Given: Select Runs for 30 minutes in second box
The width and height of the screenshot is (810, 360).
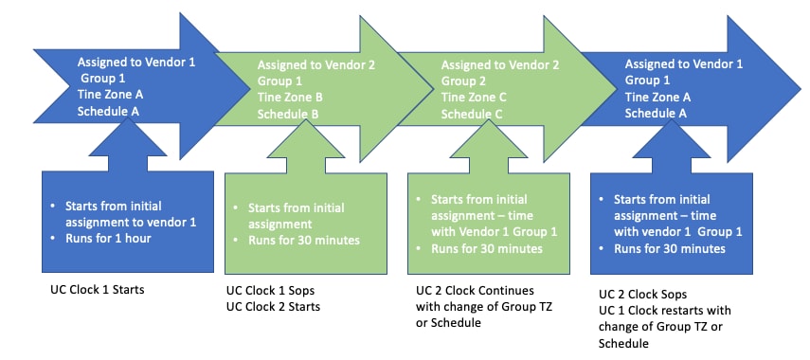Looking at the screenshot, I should pos(304,240).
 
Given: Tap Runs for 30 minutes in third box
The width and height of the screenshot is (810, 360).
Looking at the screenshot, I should pos(486,248).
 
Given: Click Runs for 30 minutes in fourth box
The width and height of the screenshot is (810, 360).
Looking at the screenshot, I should pos(670,248).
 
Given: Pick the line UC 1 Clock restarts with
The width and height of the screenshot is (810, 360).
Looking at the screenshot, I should pos(665,310).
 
